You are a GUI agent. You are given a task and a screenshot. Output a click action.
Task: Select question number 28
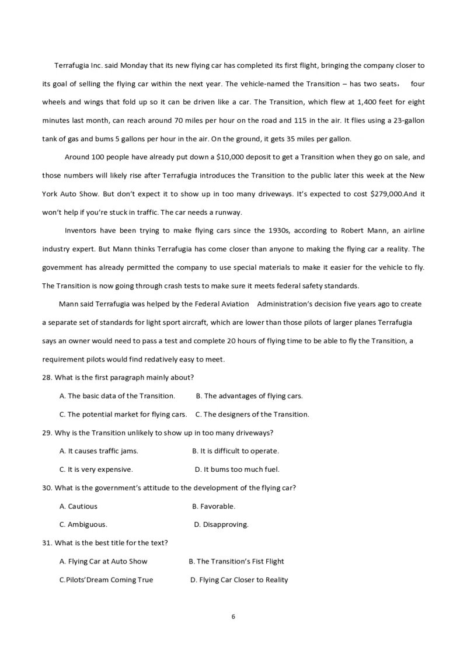pos(47,377)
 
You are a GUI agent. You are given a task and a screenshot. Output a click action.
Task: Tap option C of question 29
pos(96,469)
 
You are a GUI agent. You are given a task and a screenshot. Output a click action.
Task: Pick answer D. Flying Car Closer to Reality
pos(239,580)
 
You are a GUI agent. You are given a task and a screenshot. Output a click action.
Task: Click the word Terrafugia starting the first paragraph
pos(72,65)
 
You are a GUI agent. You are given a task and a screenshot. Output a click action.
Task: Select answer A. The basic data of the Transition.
pos(117,396)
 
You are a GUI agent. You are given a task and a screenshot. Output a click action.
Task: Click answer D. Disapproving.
pos(221,524)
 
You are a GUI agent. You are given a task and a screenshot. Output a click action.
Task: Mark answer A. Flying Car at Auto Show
pos(104,562)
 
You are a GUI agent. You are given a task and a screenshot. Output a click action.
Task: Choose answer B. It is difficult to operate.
pos(236,451)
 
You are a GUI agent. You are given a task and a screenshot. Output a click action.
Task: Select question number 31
pos(47,543)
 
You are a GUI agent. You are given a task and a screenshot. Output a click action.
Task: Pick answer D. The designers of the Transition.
pos(252,415)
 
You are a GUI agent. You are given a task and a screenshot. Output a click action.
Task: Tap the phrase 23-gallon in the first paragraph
pos(405,120)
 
